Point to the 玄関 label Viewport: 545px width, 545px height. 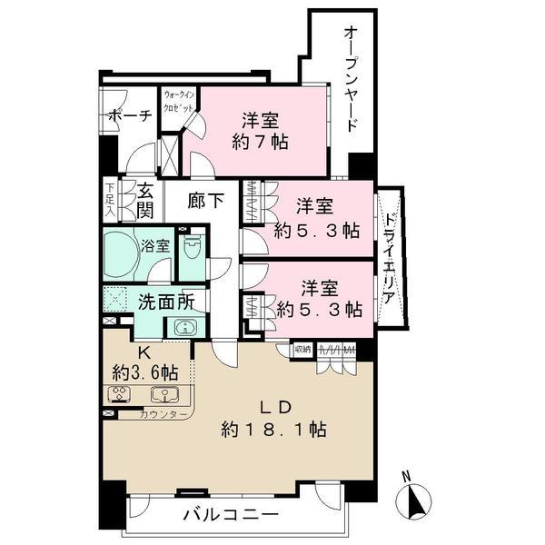[144, 202]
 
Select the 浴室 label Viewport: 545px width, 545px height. [154, 245]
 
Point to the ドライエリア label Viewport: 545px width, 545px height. [389, 259]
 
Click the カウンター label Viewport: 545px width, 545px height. [163, 415]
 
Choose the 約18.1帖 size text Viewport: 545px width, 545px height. [274, 428]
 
